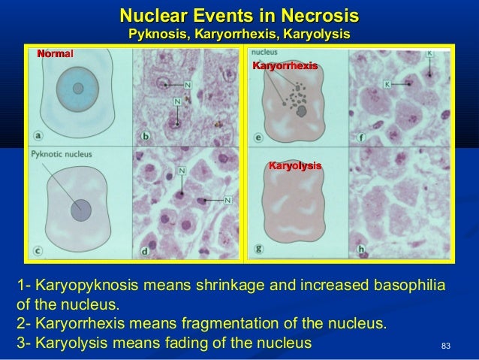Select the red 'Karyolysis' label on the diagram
[x=295, y=165]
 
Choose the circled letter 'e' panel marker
[x=259, y=138]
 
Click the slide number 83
[x=446, y=346]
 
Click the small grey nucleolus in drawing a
[x=77, y=88]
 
